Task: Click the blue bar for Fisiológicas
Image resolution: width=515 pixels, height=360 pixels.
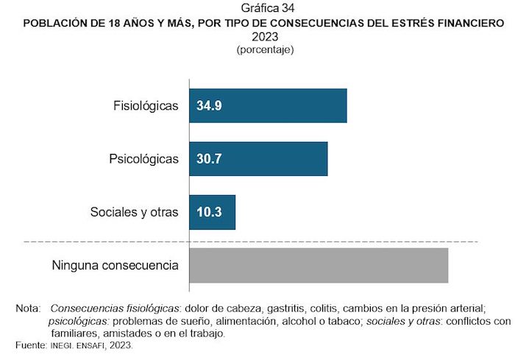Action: click(x=268, y=106)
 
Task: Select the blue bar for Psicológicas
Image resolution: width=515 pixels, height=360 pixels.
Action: click(x=258, y=159)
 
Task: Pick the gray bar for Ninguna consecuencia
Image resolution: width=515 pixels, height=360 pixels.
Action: click(x=319, y=265)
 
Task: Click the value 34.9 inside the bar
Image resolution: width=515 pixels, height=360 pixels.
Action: click(x=209, y=106)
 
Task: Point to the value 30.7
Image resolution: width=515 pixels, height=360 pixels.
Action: click(x=209, y=159)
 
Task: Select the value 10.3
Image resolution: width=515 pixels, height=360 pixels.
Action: click(x=209, y=213)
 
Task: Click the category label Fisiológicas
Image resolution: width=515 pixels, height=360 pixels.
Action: click(x=146, y=106)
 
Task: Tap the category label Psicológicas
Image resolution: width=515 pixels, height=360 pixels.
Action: click(x=143, y=159)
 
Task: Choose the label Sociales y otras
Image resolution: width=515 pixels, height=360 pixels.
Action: click(x=135, y=213)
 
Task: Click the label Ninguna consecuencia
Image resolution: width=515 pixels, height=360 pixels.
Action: click(x=115, y=265)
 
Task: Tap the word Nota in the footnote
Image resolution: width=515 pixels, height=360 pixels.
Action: click(x=27, y=308)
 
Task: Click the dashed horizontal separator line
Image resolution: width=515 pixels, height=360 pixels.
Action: click(x=250, y=241)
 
